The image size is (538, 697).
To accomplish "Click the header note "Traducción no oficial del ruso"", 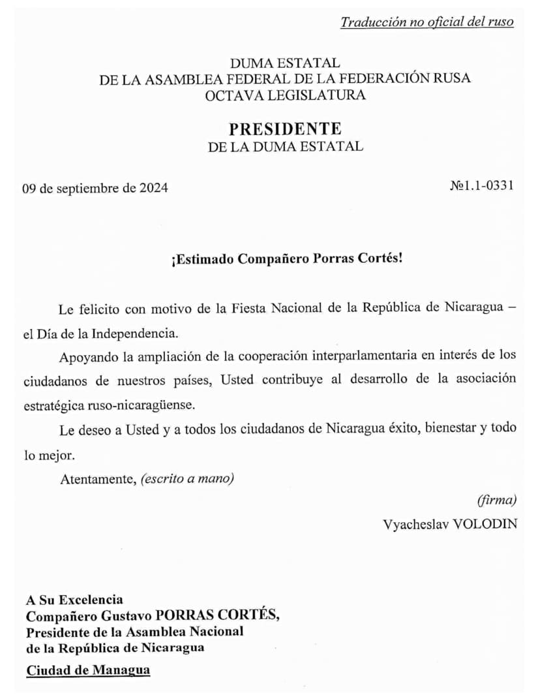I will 426,22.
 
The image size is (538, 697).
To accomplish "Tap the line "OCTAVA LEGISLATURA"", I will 285,95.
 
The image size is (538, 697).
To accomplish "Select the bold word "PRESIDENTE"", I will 285,128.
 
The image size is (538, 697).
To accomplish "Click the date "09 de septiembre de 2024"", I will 95,188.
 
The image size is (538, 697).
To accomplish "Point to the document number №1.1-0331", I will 481,185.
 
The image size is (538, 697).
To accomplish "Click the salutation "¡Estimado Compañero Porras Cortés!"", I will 287,258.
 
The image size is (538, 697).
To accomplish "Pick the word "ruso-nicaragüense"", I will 140,405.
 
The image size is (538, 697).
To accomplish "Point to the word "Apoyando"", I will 85,356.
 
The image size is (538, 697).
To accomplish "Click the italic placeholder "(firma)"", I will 496,501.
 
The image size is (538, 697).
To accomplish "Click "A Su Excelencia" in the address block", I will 74,600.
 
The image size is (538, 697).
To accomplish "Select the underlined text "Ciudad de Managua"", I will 88,670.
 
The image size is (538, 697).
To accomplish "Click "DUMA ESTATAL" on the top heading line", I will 285,63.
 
